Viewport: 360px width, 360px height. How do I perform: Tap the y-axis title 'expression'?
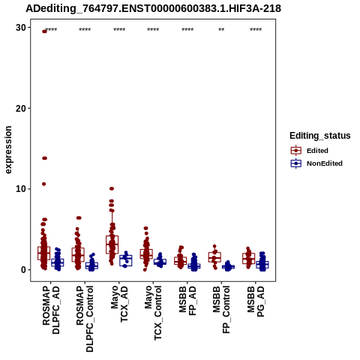pyautogui.click(x=8, y=150)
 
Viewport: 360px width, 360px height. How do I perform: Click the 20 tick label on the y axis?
pyautogui.click(x=21, y=108)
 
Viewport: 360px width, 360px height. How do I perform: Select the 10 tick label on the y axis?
pyautogui.click(x=21, y=189)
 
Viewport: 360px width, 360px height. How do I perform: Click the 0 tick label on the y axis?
pyautogui.click(x=24, y=270)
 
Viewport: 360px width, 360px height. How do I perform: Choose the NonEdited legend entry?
pyautogui.click(x=316, y=163)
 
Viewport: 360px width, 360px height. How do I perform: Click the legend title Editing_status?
pyautogui.click(x=320, y=136)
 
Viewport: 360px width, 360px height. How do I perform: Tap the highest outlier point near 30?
pyautogui.click(x=44, y=31)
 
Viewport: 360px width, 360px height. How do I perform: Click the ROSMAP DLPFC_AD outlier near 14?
pyautogui.click(x=44, y=158)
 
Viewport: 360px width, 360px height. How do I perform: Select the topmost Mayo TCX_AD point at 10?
pyautogui.click(x=112, y=188)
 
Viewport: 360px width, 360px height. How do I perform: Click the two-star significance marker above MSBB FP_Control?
pyautogui.click(x=221, y=30)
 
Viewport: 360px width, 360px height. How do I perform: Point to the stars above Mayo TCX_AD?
pyautogui.click(x=119, y=30)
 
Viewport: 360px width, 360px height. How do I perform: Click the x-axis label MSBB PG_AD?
pyautogui.click(x=256, y=302)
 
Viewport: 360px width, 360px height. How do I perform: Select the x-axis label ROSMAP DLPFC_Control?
pyautogui.click(x=85, y=319)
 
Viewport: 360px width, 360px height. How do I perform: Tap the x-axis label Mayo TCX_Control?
pyautogui.click(x=153, y=313)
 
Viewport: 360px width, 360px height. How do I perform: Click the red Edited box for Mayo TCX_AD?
pyautogui.click(x=112, y=244)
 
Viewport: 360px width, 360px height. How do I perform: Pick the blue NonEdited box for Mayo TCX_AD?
pyautogui.click(x=126, y=260)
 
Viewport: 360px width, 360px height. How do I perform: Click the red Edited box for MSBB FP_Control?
pyautogui.click(x=214, y=257)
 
